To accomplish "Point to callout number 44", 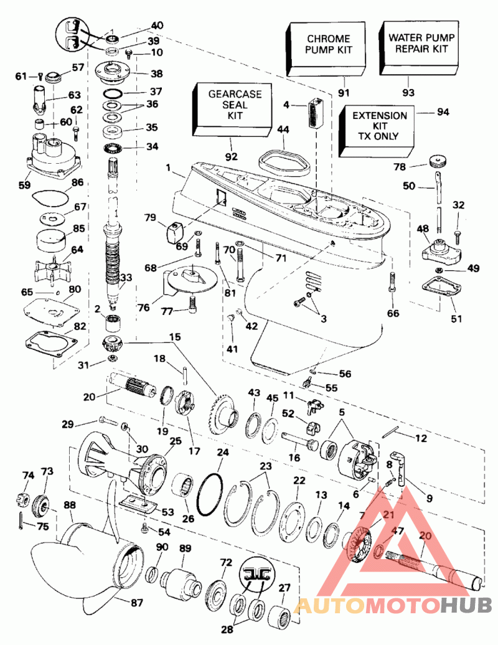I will click(x=283, y=131).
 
